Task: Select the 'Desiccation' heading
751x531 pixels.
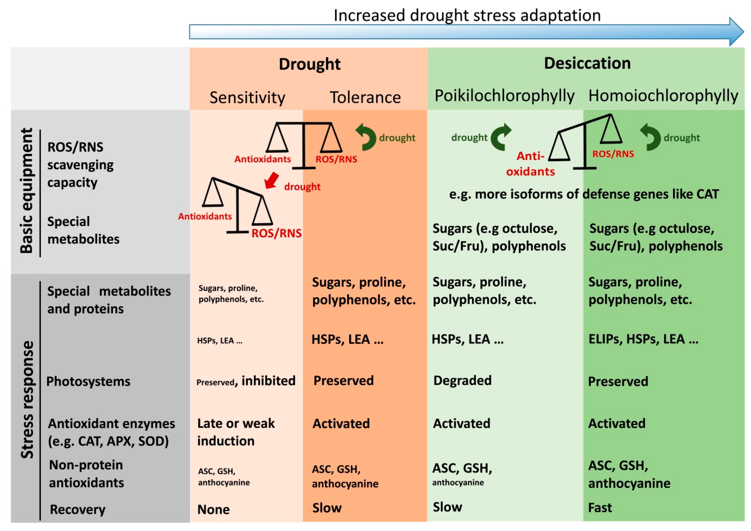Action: coord(587,63)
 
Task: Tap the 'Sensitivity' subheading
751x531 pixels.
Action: coord(247,97)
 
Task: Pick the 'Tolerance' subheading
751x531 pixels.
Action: coord(365,97)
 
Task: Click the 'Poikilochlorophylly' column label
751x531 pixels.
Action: coord(504,96)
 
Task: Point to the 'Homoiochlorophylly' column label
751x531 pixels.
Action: coord(663,96)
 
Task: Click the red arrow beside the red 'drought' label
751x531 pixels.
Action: coord(272,181)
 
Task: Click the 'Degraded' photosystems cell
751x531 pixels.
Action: coord(462,380)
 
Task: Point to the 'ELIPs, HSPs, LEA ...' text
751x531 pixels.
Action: coord(643,339)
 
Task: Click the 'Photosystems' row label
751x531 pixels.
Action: coord(88,381)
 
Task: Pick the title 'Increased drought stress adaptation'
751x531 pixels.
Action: coord(467,15)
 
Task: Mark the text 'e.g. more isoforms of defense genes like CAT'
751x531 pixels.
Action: coord(584,194)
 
